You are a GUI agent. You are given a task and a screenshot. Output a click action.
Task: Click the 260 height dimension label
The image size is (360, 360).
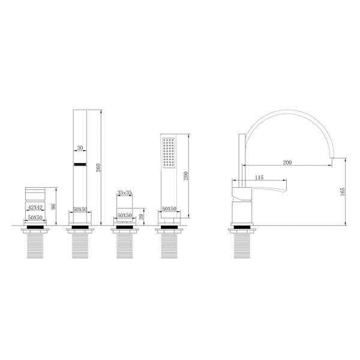(98, 167)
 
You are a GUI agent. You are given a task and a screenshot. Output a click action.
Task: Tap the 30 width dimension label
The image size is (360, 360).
(80, 148)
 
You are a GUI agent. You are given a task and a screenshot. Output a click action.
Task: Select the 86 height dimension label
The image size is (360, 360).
(53, 206)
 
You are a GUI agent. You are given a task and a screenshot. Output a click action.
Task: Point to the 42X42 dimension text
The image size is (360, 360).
(35, 208)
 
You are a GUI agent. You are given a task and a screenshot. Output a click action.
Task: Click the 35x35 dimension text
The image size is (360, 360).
(125, 193)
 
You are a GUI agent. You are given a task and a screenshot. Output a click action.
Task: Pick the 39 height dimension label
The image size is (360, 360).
(141, 217)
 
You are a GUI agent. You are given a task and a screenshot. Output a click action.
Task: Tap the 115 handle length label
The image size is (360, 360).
(259, 177)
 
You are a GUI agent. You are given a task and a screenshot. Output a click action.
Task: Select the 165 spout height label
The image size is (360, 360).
(343, 191)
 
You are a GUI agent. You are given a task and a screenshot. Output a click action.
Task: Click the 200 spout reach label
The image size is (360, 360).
(287, 163)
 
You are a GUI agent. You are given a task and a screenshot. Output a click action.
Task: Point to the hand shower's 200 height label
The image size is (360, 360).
(186, 176)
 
